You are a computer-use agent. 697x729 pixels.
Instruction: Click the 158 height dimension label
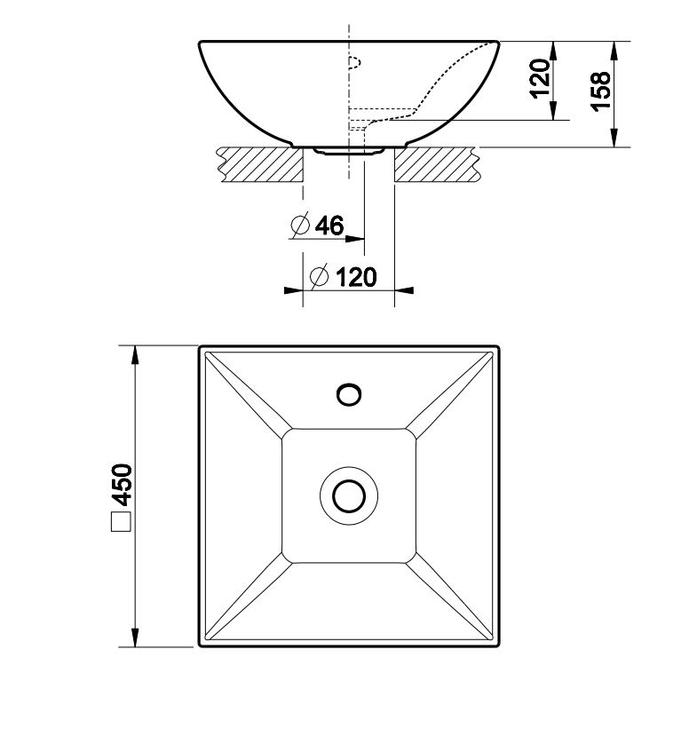point(601,91)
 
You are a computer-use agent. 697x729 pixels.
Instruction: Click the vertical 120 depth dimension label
point(541,78)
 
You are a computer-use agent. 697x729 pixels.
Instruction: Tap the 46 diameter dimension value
point(329,225)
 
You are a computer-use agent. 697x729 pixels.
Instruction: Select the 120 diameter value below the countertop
point(356,277)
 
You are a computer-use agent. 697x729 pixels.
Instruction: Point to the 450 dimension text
point(123,485)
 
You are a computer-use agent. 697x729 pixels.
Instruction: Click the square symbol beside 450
point(123,522)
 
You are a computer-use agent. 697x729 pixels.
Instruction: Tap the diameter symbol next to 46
point(300,225)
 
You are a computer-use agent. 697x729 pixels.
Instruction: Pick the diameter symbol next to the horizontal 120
point(320,277)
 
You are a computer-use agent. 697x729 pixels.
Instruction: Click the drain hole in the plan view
point(349,496)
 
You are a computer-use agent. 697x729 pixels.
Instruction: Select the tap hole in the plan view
point(349,395)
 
